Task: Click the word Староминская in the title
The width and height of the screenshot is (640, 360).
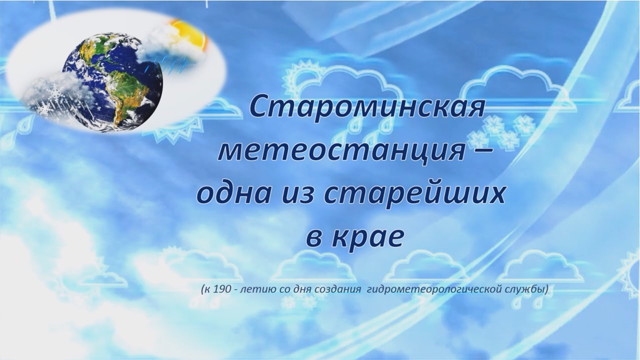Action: (x=366, y=106)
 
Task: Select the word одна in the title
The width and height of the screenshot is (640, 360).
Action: (x=230, y=194)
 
